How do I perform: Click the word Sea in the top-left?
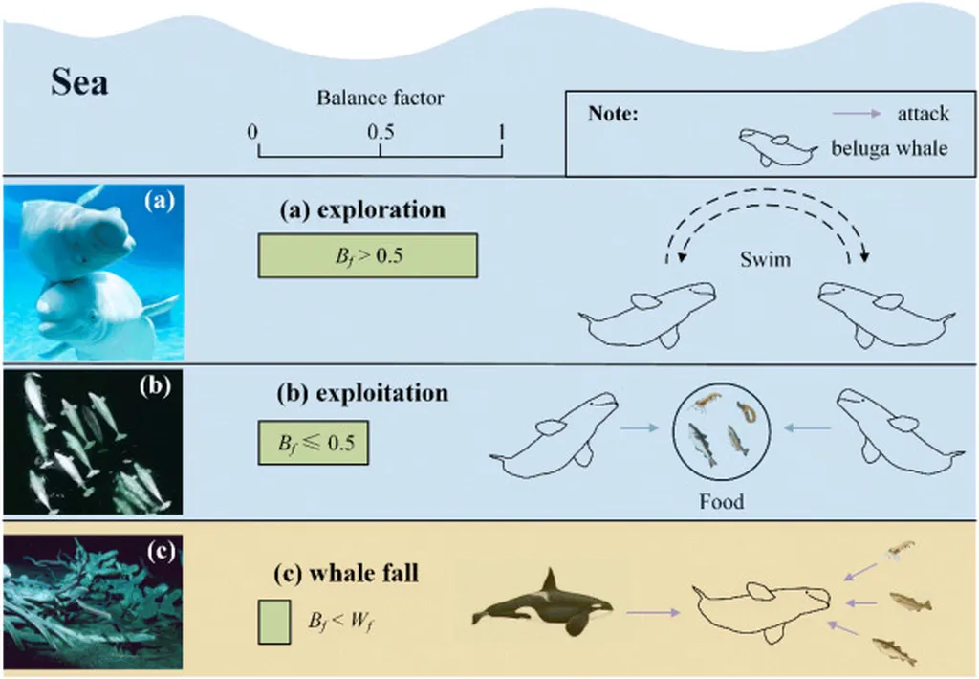tap(79, 82)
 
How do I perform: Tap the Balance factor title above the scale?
tap(381, 99)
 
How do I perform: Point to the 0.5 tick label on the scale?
tap(381, 132)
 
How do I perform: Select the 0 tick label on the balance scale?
tap(252, 132)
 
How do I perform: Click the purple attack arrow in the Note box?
tap(856, 114)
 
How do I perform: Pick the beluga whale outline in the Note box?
tap(777, 147)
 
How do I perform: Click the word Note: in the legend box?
tap(613, 114)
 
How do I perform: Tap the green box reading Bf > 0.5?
tap(368, 255)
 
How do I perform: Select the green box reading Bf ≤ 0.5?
tap(314, 443)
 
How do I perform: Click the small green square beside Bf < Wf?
tap(274, 622)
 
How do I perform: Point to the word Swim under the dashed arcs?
tap(765, 259)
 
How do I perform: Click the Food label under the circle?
tap(721, 501)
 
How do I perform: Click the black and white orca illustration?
tap(542, 602)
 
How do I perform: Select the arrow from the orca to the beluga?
tap(653, 613)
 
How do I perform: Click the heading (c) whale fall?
tap(346, 573)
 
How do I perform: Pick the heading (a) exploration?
tap(362, 209)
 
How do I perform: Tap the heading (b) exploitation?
tap(362, 393)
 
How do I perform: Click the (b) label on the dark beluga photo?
tap(155, 386)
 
